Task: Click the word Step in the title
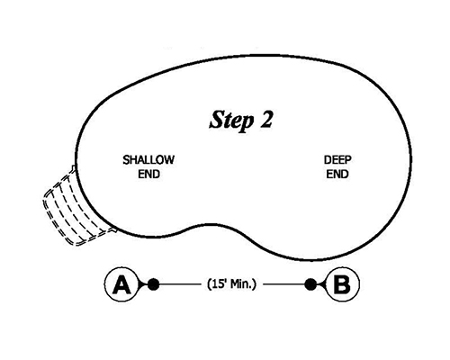pyautogui.click(x=229, y=119)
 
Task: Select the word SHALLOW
pyautogui.click(x=148, y=159)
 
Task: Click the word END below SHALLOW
pyautogui.click(x=148, y=173)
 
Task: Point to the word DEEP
pyautogui.click(x=337, y=159)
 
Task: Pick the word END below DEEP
pyautogui.click(x=337, y=173)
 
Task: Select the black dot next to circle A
pyautogui.click(x=153, y=284)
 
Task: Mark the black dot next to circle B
pyautogui.click(x=311, y=284)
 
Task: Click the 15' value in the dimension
pyautogui.click(x=217, y=284)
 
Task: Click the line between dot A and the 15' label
pyautogui.click(x=179, y=284)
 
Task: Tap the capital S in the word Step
pyautogui.click(x=216, y=119)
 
